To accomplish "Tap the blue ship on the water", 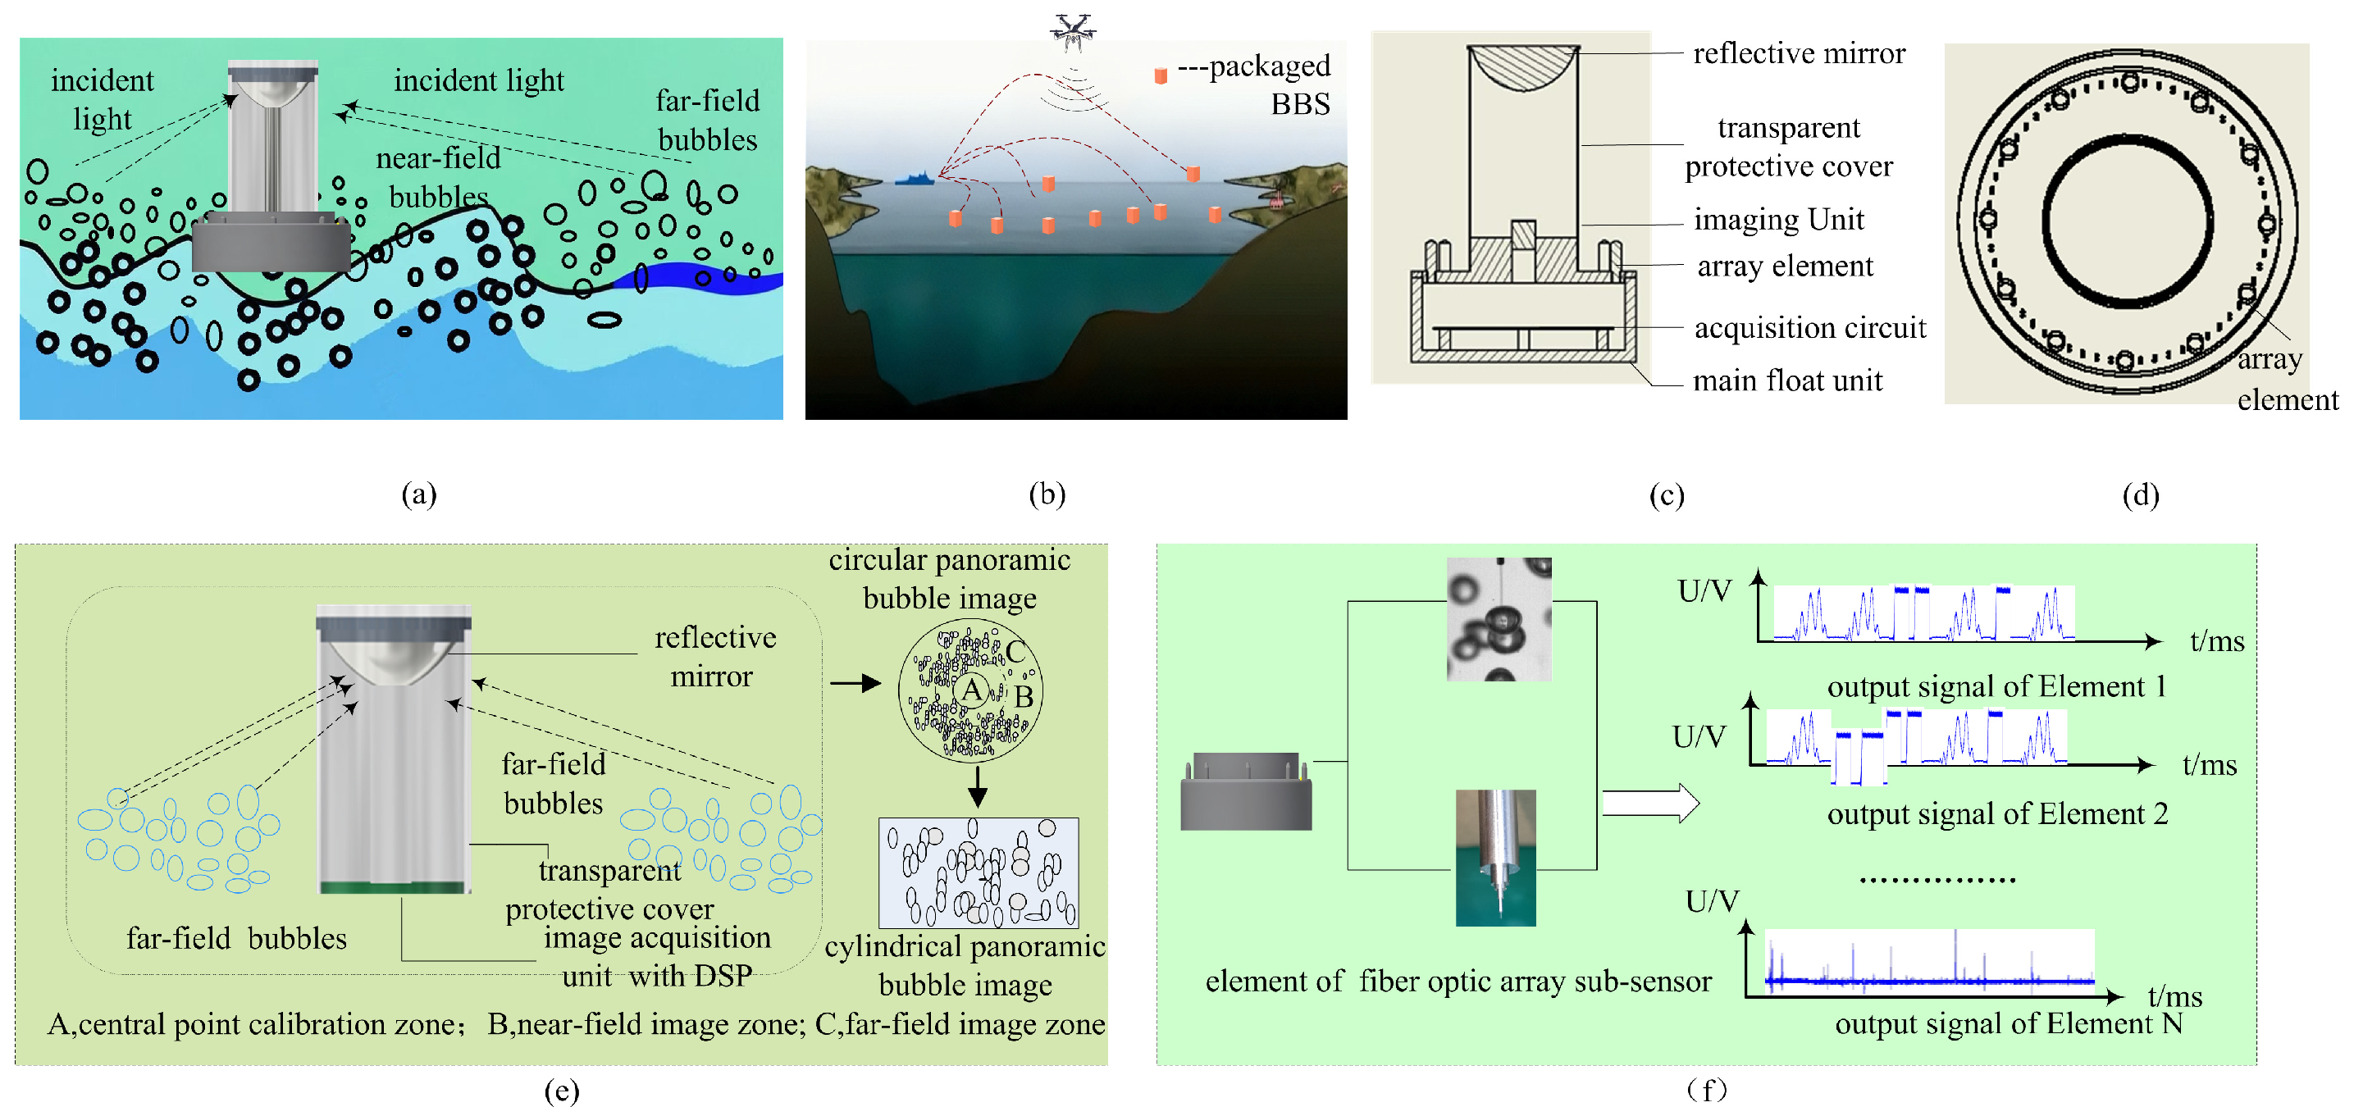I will (914, 179).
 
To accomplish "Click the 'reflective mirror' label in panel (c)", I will (1799, 54).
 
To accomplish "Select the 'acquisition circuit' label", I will (1809, 328).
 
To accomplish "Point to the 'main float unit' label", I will (1787, 380).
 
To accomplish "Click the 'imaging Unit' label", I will (1778, 220).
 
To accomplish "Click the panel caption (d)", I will (2140, 495).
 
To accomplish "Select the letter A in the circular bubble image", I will (971, 690).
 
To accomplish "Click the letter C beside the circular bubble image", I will (1015, 652).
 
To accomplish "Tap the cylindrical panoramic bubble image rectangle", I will (978, 873).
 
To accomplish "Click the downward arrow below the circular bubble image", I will (977, 786).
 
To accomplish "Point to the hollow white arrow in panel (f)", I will (1649, 804).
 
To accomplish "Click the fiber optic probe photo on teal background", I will (1495, 858).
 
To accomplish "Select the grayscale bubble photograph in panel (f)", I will (1499, 619).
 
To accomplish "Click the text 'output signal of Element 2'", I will (1996, 813).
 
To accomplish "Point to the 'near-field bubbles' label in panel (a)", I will (439, 178).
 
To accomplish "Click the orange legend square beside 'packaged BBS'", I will (1161, 75).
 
